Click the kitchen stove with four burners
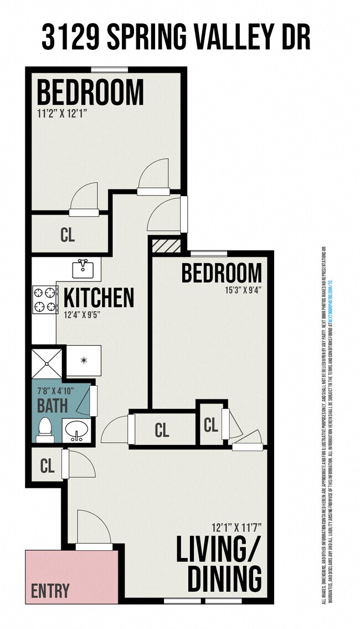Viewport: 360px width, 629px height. (x=45, y=299)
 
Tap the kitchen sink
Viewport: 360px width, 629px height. (x=86, y=269)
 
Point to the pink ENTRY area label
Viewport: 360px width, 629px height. (x=50, y=591)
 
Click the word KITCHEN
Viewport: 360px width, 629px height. (x=99, y=298)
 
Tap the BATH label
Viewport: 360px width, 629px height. (x=52, y=405)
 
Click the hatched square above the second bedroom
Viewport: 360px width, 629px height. (x=166, y=245)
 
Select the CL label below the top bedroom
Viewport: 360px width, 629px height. (x=68, y=235)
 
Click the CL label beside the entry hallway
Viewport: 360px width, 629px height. (x=48, y=466)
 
